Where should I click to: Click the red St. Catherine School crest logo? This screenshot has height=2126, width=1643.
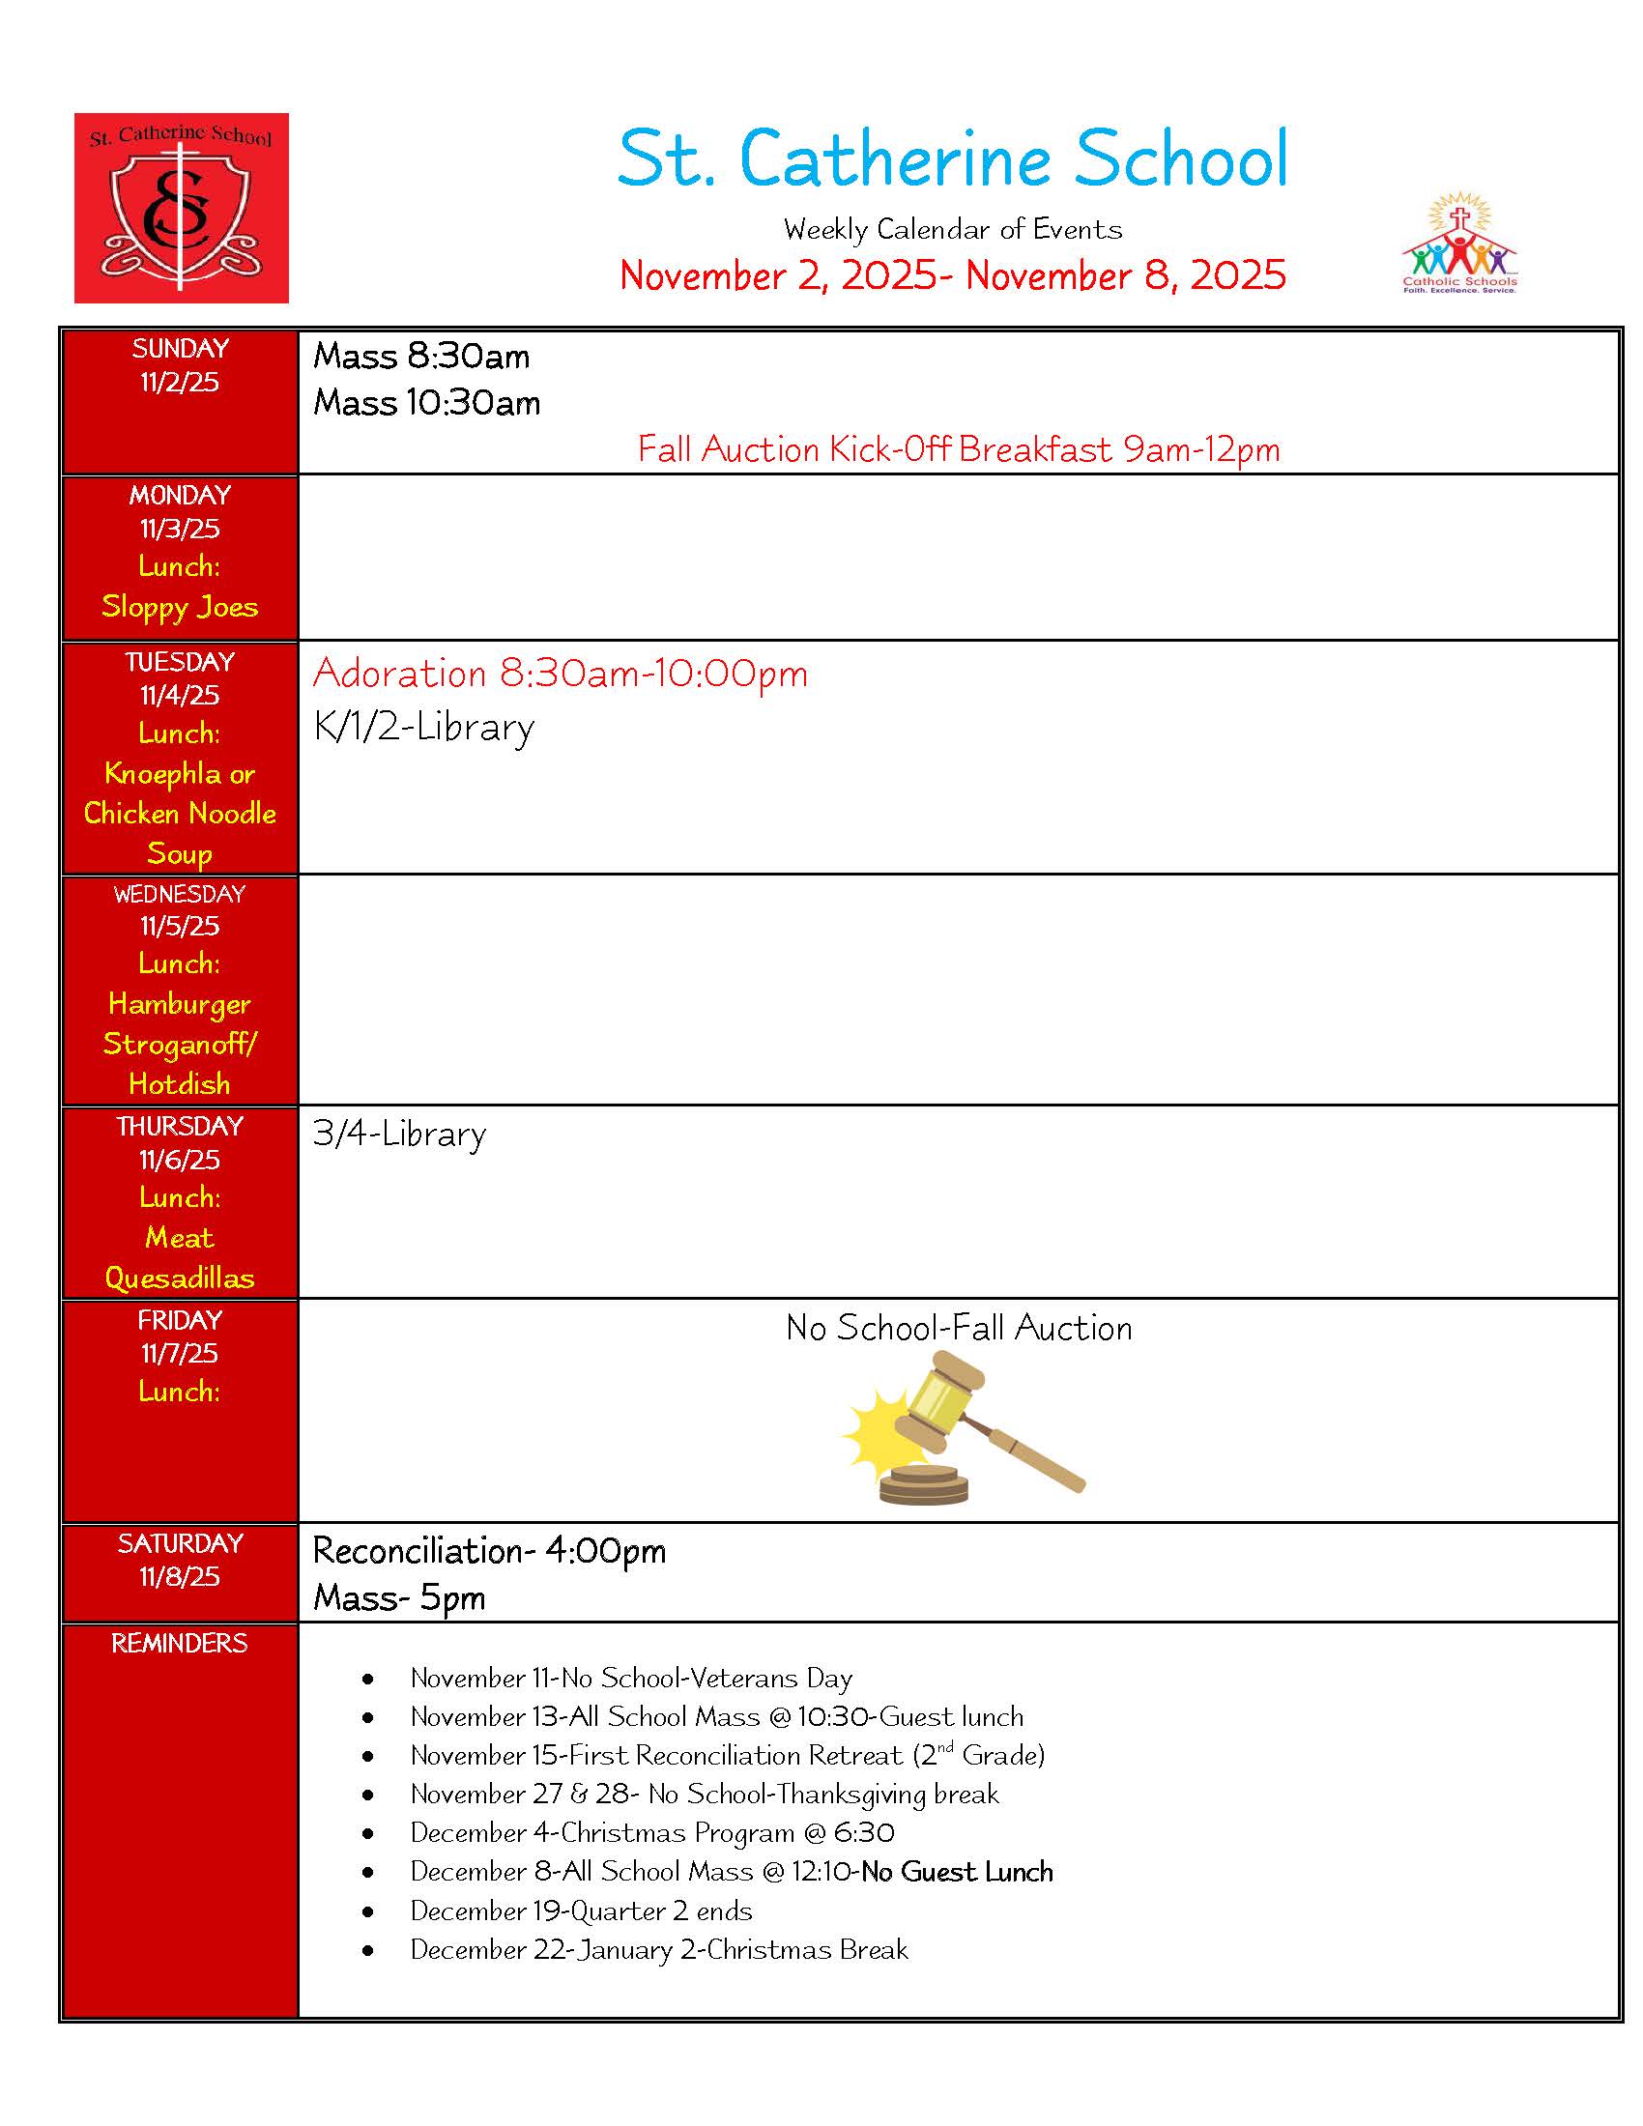(x=181, y=208)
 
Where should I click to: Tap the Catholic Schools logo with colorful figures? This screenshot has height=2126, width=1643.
(x=1458, y=244)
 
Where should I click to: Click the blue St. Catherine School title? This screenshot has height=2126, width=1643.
(x=952, y=158)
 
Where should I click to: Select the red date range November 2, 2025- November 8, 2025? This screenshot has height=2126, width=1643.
(x=952, y=275)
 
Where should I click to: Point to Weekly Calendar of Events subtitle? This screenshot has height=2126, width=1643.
(x=952, y=230)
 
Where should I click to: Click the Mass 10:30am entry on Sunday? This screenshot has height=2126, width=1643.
(x=426, y=403)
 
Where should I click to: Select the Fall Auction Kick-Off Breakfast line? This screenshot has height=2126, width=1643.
(x=958, y=449)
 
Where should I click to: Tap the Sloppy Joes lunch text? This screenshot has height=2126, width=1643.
(x=180, y=607)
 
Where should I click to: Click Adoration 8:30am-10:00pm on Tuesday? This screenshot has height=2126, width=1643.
(x=560, y=674)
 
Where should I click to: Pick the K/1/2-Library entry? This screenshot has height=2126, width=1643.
(x=423, y=727)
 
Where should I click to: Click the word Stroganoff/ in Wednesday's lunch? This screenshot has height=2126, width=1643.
(x=180, y=1044)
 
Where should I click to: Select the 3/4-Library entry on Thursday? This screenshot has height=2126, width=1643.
(x=399, y=1135)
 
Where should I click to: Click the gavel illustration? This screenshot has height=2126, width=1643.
(x=961, y=1429)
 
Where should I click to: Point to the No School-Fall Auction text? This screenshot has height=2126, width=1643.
(x=958, y=1328)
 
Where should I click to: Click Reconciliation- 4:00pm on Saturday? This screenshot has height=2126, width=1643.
(x=489, y=1551)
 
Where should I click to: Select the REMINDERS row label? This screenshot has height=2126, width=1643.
(x=180, y=1643)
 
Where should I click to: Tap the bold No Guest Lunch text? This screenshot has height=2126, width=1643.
(x=957, y=1871)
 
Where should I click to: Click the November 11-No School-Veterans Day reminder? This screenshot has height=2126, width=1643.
(x=631, y=1678)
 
